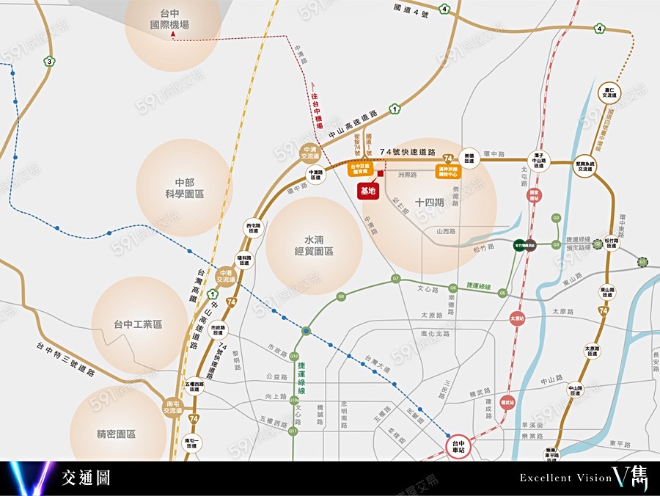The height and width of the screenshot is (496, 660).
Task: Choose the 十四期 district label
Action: pyautogui.click(x=429, y=203)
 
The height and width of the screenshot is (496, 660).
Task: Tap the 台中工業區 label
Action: pyautogui.click(x=138, y=324)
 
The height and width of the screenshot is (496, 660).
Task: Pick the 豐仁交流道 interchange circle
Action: pyautogui.click(x=610, y=92)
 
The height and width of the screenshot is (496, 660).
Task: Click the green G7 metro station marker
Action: pyautogui.click(x=395, y=279)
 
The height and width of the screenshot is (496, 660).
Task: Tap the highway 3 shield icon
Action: pyautogui.click(x=49, y=61)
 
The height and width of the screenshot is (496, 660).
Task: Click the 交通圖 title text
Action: pyautogui.click(x=86, y=478)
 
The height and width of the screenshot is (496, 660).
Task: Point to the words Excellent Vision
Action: pyautogui.click(x=565, y=478)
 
